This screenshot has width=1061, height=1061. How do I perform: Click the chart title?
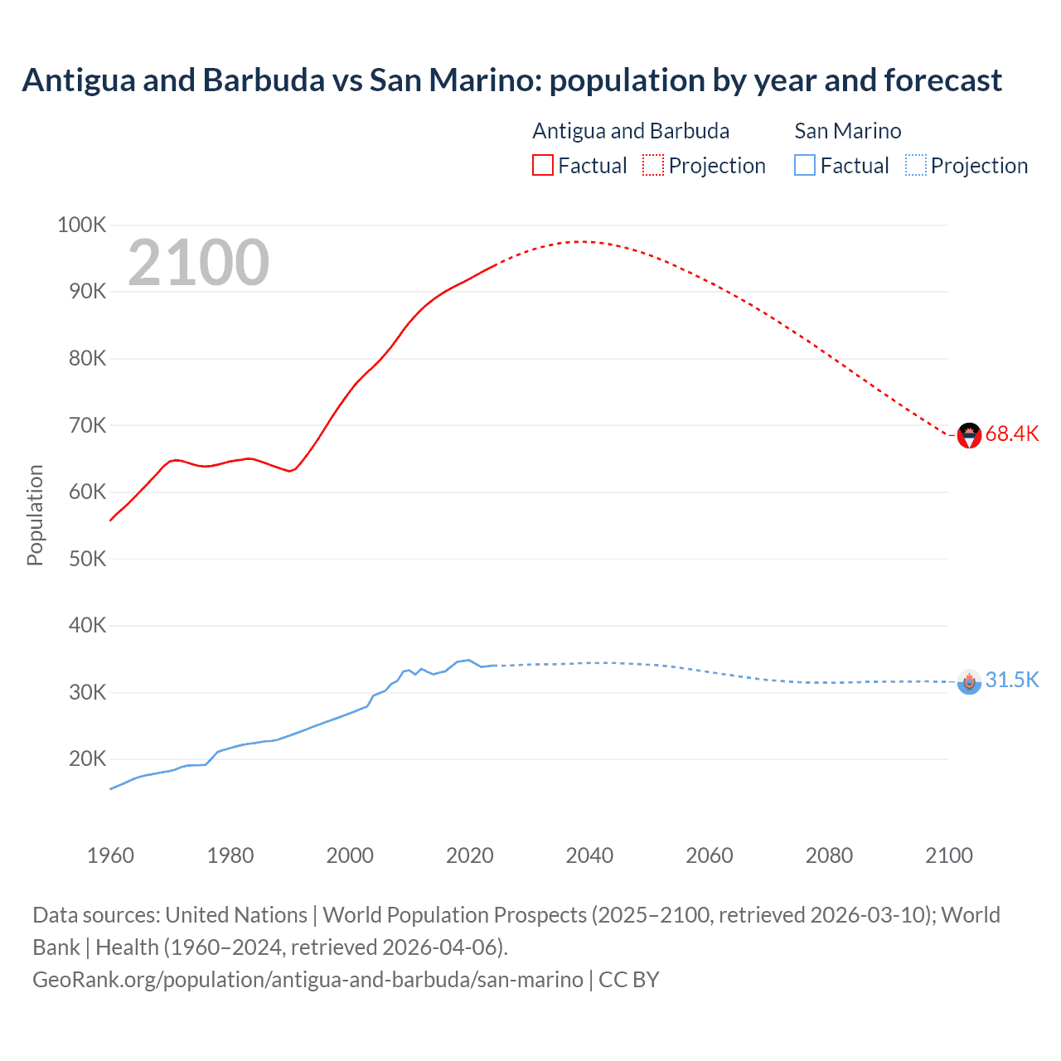click(x=511, y=80)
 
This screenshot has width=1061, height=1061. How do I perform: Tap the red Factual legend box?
click(x=542, y=165)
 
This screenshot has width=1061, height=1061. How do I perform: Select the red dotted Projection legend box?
click(x=653, y=165)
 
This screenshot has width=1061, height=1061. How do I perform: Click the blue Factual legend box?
click(x=804, y=165)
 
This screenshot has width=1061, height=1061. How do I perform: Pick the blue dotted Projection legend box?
click(x=915, y=165)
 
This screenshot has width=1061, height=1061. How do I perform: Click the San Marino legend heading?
click(x=847, y=131)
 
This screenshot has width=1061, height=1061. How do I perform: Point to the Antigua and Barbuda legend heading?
click(x=631, y=131)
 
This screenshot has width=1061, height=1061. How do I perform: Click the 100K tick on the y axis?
click(x=81, y=225)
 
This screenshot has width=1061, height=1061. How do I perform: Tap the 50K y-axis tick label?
click(x=87, y=559)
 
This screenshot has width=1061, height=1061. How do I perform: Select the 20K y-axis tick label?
click(x=87, y=758)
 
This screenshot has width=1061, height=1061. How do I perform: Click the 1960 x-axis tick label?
click(x=110, y=855)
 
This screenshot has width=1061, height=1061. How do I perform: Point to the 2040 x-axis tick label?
click(x=589, y=855)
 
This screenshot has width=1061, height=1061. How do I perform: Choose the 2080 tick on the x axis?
click(x=829, y=855)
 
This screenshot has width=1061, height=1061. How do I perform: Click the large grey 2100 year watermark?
click(x=198, y=263)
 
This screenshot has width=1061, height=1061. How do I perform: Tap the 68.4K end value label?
click(x=1011, y=434)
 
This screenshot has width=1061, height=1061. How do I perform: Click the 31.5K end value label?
click(x=1011, y=681)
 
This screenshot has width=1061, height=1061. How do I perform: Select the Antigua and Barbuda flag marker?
click(x=969, y=434)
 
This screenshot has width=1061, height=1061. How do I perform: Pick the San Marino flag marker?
click(x=969, y=681)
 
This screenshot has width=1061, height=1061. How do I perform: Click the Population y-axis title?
click(x=35, y=515)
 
